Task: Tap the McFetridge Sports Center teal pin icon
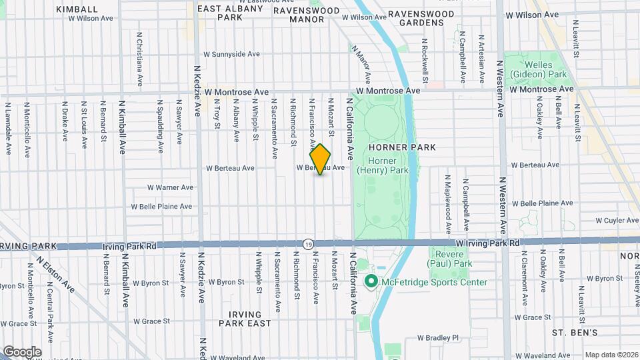coord(371,282)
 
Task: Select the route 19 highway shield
coord(308,245)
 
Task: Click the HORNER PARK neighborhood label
coord(411,147)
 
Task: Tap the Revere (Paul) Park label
coord(451,259)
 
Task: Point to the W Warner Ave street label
coord(170,187)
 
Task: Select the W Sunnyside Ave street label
coord(231,54)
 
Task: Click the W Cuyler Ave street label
coord(617,220)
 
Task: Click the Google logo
coord(22,351)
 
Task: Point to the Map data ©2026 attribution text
coord(611,355)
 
